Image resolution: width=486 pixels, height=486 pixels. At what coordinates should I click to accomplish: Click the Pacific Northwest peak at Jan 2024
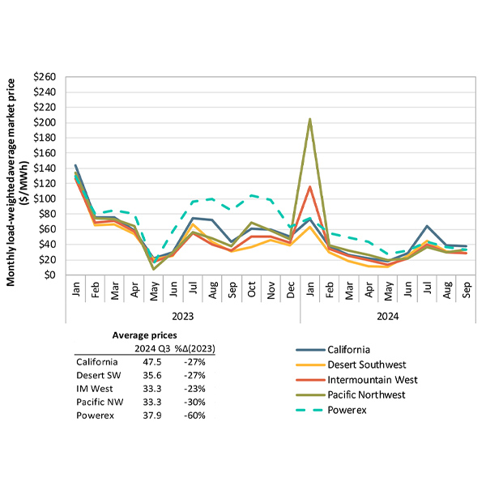point(310,119)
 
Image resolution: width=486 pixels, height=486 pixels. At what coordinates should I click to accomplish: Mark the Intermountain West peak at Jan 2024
point(310,187)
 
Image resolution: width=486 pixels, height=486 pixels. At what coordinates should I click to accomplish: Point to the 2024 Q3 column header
point(149,348)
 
